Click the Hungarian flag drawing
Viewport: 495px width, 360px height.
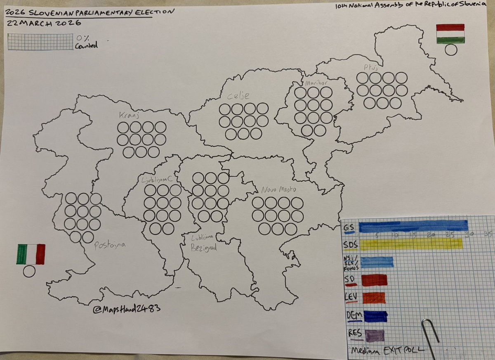click(450, 34)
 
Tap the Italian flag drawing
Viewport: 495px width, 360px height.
click(31, 254)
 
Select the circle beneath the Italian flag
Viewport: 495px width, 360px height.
click(29, 271)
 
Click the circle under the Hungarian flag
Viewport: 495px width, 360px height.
click(451, 50)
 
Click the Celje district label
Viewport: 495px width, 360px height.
click(238, 96)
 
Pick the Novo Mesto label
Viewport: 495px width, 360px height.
click(278, 190)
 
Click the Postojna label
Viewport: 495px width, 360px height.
click(109, 244)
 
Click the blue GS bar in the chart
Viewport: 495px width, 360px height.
click(413, 226)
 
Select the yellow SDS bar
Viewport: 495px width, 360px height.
click(411, 244)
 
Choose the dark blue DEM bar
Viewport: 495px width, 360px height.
click(374, 316)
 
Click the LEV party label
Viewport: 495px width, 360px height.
click(351, 297)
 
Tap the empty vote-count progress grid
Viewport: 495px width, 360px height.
click(40, 42)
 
